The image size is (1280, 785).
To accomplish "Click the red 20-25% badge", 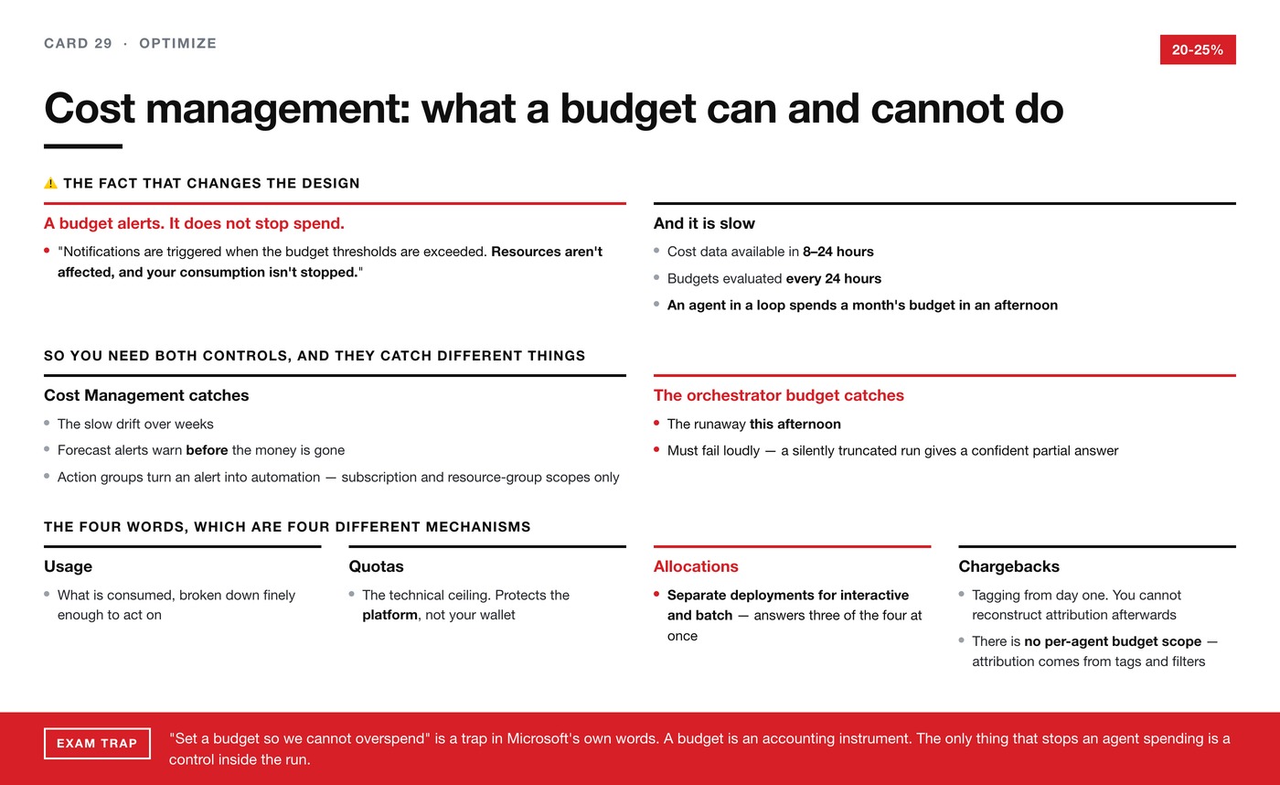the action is pos(1198,49).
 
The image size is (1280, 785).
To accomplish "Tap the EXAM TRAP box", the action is pos(97,743).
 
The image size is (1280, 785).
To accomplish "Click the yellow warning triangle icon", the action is pos(51,183).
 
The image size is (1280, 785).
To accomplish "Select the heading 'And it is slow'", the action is pos(704,223).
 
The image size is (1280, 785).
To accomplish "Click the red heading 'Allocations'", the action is pos(696,566).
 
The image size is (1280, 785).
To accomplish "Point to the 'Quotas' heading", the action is pos(376,566).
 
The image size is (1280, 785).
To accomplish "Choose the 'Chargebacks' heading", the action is pos(1008,566).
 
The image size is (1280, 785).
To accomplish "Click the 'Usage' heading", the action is pos(68,566).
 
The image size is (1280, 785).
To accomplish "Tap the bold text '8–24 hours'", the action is pos(837,252).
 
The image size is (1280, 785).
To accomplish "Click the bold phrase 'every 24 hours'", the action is pos(834,278).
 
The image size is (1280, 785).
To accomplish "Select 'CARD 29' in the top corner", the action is pos(79,43).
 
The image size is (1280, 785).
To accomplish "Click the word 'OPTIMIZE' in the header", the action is pos(177,43).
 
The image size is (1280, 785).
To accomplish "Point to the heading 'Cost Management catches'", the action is pos(146,395).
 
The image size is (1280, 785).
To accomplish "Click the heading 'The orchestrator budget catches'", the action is pos(779,395).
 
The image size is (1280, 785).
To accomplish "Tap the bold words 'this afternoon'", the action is pos(795,424).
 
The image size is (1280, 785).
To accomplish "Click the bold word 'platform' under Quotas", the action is pos(389,615).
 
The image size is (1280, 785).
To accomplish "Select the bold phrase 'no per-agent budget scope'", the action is pos(1113,641).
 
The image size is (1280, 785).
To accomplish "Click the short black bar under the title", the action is pos(83,146).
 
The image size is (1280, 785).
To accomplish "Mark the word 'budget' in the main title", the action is pos(628,109).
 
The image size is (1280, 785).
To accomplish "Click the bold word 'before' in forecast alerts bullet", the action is pos(207,450).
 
